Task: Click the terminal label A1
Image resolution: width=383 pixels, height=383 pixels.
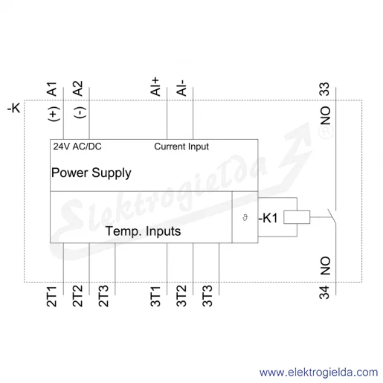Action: [52, 89]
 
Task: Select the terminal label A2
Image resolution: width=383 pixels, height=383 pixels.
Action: [78, 88]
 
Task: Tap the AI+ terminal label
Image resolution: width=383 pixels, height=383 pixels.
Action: [155, 87]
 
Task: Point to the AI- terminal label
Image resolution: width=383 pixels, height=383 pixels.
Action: [181, 88]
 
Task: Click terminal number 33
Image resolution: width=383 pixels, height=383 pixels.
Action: [324, 89]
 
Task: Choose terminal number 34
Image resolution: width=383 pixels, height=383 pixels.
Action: [324, 292]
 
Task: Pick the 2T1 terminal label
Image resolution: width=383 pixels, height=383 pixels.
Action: [52, 297]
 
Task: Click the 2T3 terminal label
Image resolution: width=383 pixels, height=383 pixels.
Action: [103, 296]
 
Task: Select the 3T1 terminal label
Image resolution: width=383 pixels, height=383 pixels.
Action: [155, 297]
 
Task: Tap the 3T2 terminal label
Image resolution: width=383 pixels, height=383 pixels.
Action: [181, 296]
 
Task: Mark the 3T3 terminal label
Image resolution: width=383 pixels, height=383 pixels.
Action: [207, 296]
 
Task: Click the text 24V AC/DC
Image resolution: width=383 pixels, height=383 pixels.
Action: [77, 147]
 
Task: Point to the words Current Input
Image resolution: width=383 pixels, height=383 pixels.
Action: [181, 147]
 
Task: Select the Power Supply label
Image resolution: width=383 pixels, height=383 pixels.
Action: [91, 173]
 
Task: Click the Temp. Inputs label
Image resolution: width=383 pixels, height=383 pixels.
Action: [144, 231]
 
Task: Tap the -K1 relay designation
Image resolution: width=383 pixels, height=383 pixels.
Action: [268, 218]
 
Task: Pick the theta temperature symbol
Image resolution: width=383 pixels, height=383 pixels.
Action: [245, 218]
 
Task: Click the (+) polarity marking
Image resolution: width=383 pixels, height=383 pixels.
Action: [54, 114]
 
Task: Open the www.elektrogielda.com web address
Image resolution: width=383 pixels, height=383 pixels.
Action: [319, 373]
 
